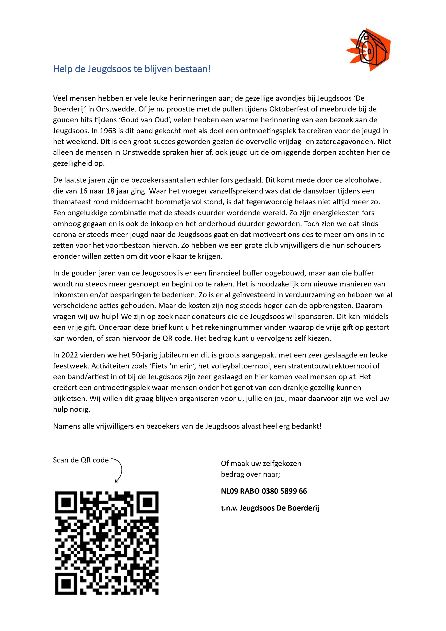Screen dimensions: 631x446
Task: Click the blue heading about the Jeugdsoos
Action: pyautogui.click(x=132, y=69)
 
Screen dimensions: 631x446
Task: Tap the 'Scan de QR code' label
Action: pyautogui.click(x=81, y=460)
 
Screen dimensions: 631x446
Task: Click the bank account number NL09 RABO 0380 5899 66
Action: pyautogui.click(x=264, y=491)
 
